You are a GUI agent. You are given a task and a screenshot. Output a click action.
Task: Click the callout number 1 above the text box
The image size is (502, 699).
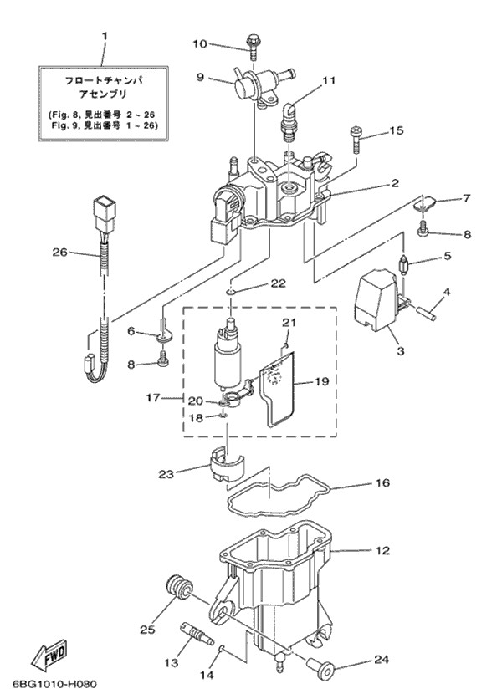pos(105,36)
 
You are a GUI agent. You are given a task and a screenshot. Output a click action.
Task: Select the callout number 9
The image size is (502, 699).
pos(200,77)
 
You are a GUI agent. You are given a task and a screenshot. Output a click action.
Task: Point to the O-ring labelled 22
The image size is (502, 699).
pos(232,291)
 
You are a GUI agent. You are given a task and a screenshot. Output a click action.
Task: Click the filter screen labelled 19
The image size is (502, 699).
pos(280,389)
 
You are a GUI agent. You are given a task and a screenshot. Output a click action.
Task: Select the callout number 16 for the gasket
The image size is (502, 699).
pos(382,482)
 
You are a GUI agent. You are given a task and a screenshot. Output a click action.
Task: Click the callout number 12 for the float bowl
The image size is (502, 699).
pos(382,551)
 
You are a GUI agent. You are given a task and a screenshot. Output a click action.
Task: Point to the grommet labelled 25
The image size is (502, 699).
pos(177,586)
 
